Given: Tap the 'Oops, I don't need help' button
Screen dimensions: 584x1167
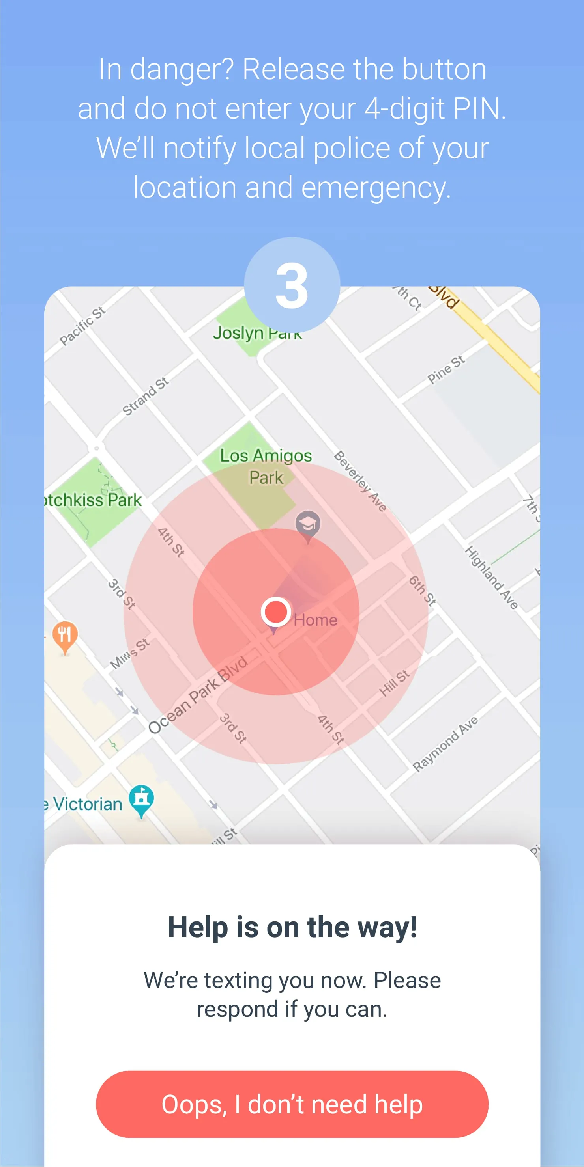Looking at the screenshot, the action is pyautogui.click(x=292, y=1104).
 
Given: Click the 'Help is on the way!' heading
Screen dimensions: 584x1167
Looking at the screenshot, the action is pyautogui.click(x=292, y=927).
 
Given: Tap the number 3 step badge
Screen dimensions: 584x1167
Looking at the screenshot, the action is pyautogui.click(x=292, y=285).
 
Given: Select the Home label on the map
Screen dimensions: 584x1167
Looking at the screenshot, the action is pyautogui.click(x=316, y=620).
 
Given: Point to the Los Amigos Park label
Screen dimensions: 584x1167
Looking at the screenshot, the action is pyautogui.click(x=266, y=466).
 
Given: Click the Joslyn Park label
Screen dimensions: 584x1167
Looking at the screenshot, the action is pyautogui.click(x=256, y=333).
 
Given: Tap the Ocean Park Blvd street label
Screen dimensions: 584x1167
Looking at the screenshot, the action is pyautogui.click(x=198, y=695).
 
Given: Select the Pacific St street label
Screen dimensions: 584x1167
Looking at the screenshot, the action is pyautogui.click(x=82, y=326).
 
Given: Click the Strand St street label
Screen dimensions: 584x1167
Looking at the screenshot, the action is pyautogui.click(x=146, y=396).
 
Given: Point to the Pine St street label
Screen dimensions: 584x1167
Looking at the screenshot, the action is pyautogui.click(x=446, y=369).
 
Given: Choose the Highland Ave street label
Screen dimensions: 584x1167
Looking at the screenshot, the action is pyautogui.click(x=491, y=578).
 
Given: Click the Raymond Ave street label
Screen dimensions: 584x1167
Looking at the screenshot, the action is pyautogui.click(x=445, y=744).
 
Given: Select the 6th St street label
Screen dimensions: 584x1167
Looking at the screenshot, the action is pyautogui.click(x=422, y=591).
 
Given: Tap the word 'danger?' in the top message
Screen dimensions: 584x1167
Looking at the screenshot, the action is pyautogui.click(x=182, y=69).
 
